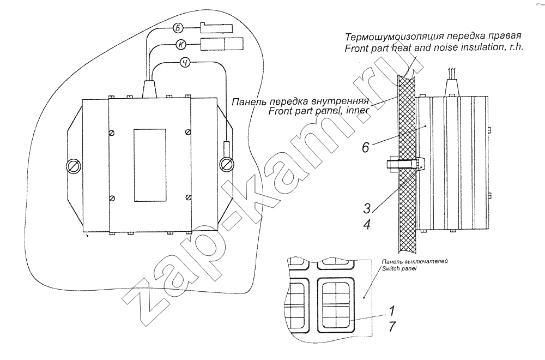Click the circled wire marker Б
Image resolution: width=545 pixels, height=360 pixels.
coord(178,28)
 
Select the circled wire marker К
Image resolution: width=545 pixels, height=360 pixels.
coord(181,45)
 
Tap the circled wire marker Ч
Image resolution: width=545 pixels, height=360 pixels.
coord(186,63)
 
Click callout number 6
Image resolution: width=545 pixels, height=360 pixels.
coord(365,147)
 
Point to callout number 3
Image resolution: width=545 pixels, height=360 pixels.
coord(367,209)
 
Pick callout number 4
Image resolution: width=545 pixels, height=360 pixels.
coord(367,224)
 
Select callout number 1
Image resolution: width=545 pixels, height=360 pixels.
coord(392,310)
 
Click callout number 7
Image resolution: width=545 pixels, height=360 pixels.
coord(392,327)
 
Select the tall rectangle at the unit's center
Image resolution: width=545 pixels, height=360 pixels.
coord(150,166)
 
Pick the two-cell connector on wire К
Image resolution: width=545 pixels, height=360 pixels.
coord(222,44)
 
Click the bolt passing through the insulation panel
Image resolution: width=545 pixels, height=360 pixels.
coord(405,165)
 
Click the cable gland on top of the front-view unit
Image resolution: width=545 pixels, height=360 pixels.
coord(149,89)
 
